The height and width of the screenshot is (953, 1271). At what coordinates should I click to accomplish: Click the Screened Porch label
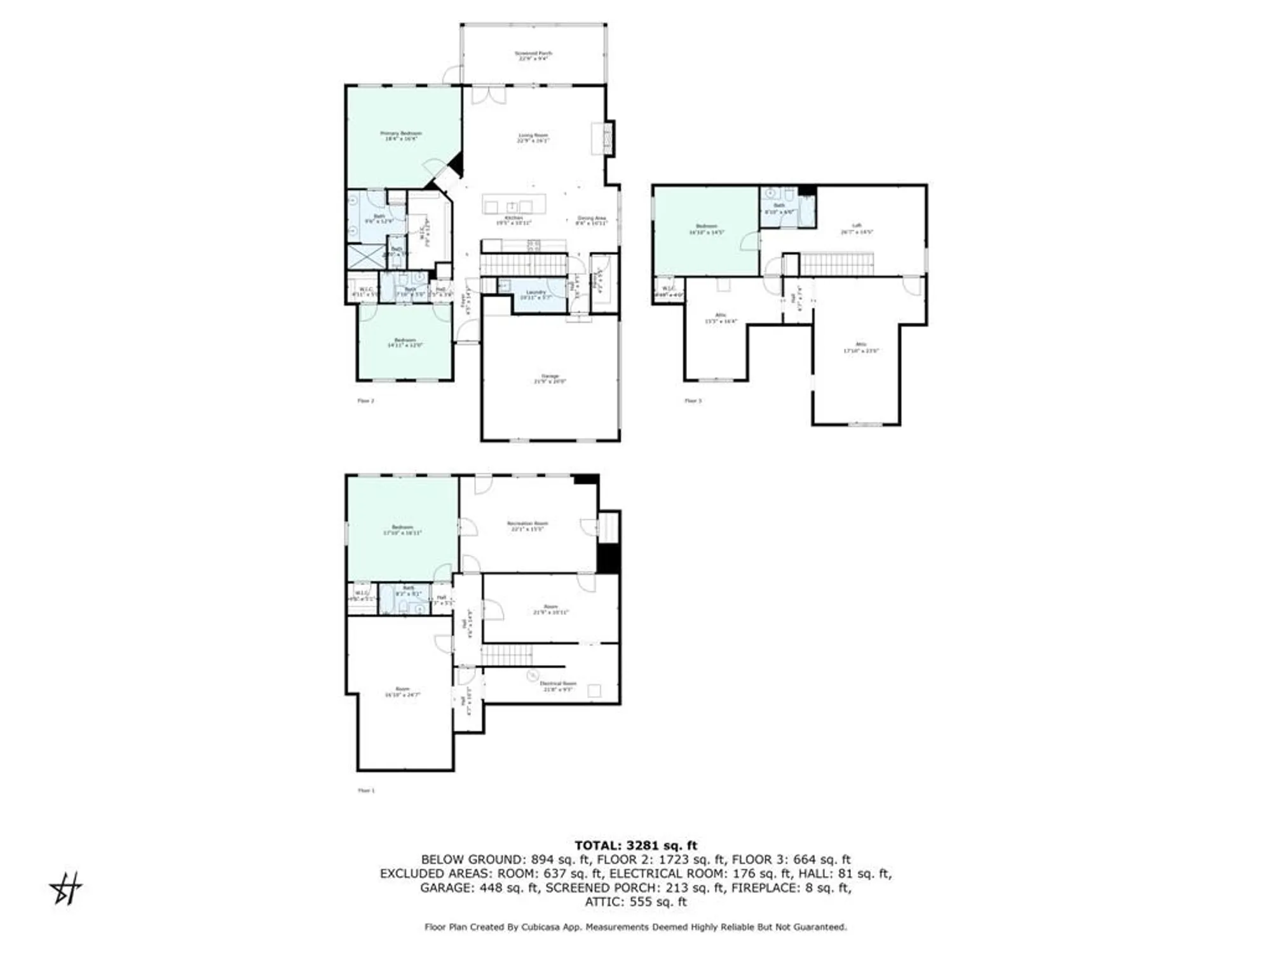533,55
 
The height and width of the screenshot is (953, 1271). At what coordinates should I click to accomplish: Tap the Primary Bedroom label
401,135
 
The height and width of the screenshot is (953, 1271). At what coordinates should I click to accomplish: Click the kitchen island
513,205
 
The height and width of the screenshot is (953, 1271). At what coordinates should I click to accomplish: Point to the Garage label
550,379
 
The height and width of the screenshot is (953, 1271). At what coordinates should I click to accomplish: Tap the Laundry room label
536,294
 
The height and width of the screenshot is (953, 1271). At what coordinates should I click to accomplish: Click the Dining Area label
592,220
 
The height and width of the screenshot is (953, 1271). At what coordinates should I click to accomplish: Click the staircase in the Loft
836,264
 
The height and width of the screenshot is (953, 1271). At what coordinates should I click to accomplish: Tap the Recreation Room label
527,525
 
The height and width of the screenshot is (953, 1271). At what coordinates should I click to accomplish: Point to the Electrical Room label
558,686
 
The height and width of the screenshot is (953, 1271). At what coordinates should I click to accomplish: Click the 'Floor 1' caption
366,791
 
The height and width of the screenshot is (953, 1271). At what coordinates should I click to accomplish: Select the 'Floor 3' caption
693,401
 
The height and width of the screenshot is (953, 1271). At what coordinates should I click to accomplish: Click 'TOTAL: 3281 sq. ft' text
635,846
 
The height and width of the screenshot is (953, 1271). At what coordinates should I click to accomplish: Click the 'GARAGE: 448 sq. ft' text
479,888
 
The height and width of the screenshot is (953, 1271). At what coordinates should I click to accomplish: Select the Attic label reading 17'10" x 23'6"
860,348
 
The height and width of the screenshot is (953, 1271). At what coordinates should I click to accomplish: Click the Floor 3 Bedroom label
706,229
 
